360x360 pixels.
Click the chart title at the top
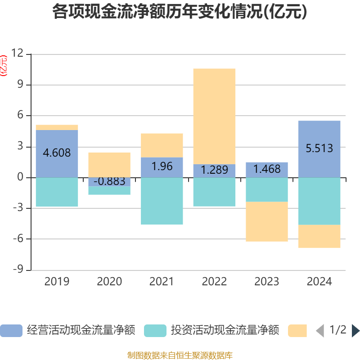point(180,12)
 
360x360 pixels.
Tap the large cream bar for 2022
point(214,116)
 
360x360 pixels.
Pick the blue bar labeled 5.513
point(319,149)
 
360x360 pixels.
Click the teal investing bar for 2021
point(162,201)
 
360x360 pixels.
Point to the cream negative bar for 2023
point(267,221)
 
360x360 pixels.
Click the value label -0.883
point(109,182)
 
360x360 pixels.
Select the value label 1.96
point(162,166)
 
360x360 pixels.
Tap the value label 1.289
point(214,170)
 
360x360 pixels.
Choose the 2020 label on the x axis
point(109,282)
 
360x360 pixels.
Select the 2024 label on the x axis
point(319,282)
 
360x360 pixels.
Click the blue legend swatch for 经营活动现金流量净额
point(11,331)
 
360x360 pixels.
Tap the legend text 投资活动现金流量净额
point(225,330)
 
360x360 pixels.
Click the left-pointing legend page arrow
point(320,331)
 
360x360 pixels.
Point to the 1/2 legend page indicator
point(337,330)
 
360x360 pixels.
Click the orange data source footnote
point(180,355)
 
